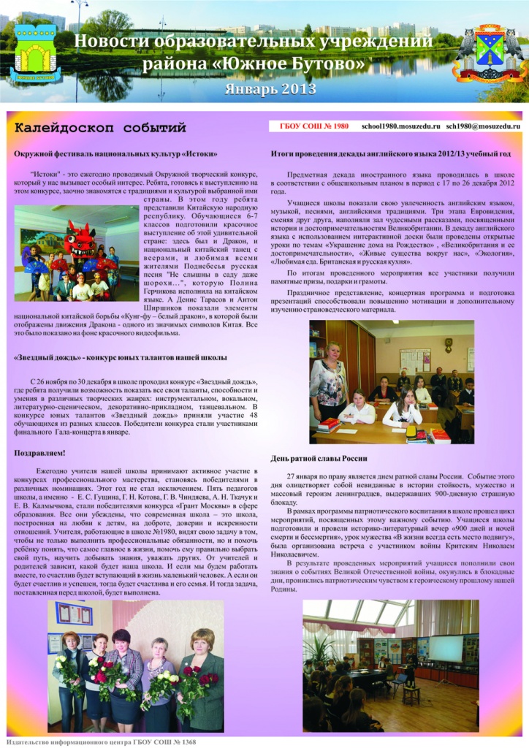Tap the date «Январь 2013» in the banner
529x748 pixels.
[x=271, y=90]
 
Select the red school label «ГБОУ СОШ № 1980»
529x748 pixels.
[x=314, y=126]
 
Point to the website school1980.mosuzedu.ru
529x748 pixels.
[x=400, y=126]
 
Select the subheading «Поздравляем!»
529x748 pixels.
[x=39, y=454]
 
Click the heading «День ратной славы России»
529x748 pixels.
[x=319, y=458]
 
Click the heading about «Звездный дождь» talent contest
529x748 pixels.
[x=121, y=357]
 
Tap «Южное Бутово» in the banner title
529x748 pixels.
[x=305, y=65]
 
